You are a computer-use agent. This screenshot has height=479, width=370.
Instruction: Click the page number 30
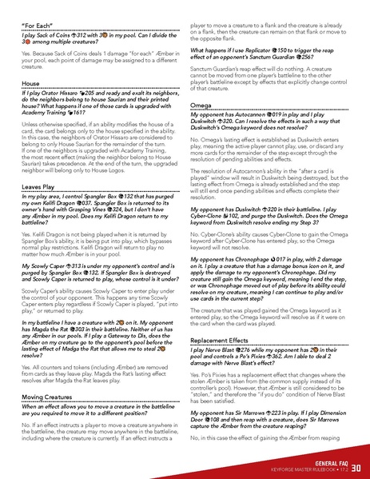click(x=356, y=466)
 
